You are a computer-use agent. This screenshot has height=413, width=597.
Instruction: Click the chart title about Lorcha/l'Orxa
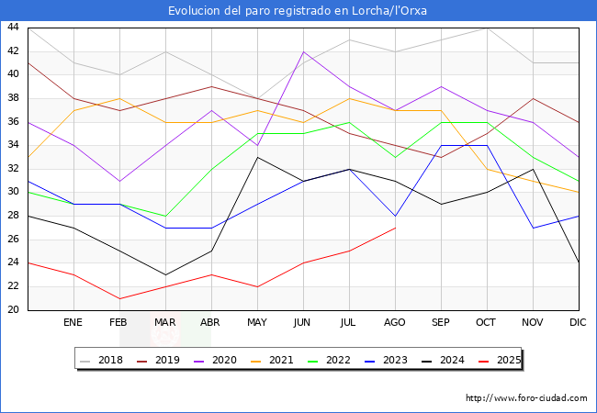pos(298,11)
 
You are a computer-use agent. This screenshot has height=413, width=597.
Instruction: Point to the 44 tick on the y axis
pos(13,28)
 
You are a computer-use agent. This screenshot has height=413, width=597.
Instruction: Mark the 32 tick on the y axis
pos(13,169)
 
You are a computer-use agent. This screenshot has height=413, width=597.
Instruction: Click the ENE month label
pos(73,323)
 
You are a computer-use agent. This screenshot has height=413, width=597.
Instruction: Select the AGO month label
pos(395,323)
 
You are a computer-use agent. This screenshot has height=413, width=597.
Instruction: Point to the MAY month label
pos(257,323)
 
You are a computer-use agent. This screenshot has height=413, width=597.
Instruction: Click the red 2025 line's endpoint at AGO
pos(395,228)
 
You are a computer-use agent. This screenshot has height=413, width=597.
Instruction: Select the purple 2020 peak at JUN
pos(303,51)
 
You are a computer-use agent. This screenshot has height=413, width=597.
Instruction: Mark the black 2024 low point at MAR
pos(165,274)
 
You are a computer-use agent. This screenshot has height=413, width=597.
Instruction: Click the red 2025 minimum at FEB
pos(119,298)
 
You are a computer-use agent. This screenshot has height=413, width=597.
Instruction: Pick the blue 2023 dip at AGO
pos(395,216)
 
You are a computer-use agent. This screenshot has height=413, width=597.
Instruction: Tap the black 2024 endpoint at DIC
pos(579,262)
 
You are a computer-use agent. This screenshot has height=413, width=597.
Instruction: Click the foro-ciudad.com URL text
pos(526,398)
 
